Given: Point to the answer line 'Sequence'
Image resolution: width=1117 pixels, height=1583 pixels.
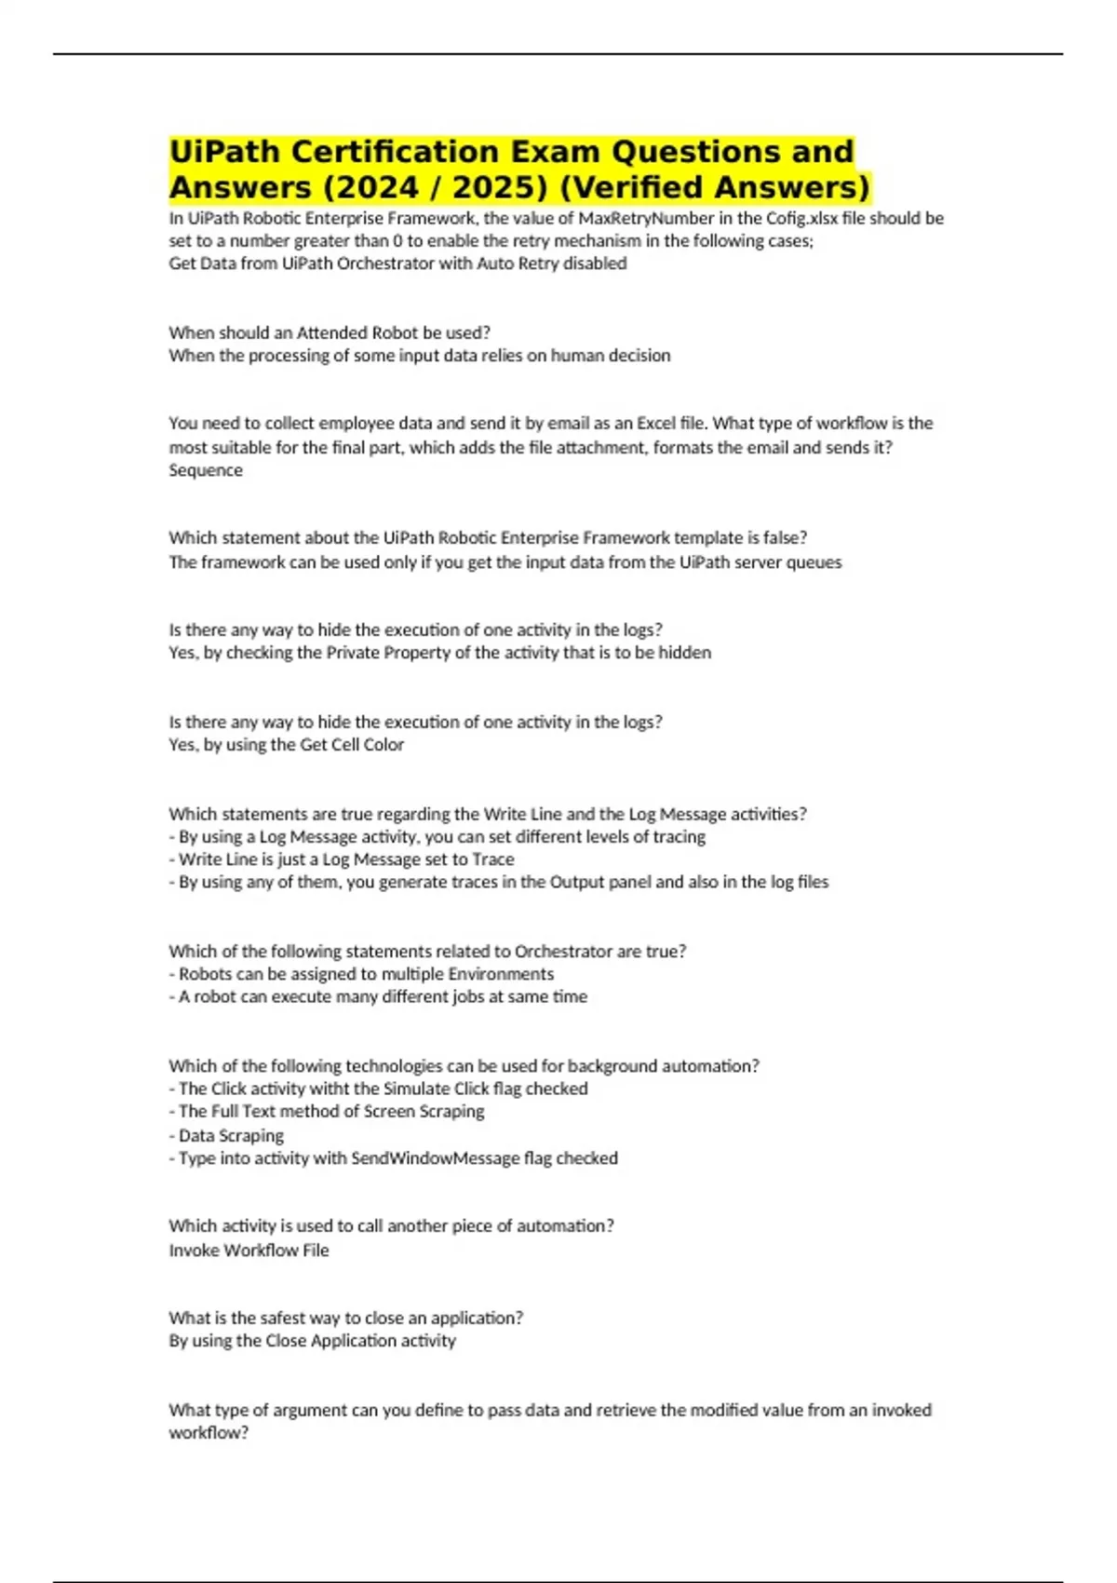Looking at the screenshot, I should tap(206, 470).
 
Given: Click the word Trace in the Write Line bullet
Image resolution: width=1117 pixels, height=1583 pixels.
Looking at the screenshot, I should tap(493, 859).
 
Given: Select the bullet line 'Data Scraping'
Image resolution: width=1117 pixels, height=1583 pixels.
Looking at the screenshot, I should tap(231, 1135).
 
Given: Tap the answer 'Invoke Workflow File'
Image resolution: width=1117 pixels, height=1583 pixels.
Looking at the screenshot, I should tap(249, 1250).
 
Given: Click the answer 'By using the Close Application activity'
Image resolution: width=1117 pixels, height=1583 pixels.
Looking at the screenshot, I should tap(312, 1340).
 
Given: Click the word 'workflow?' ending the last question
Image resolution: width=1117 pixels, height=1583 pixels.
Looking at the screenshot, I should tap(209, 1432).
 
